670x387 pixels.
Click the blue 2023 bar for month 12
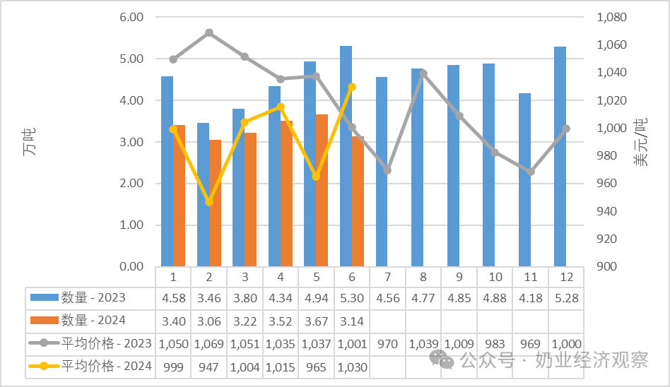[x=560, y=156]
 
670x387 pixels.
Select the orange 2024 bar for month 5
[x=322, y=191]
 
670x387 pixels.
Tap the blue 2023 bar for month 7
[x=382, y=172]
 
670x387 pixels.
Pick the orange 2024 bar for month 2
[x=215, y=203]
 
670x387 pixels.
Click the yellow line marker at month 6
[x=352, y=87]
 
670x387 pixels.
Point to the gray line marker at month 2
[x=209, y=33]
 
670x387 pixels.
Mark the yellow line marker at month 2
[x=209, y=201]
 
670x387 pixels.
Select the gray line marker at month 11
[x=530, y=172]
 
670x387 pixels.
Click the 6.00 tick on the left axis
[x=131, y=17]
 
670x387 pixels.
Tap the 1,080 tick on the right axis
[x=611, y=17]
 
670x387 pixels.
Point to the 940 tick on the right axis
[x=607, y=211]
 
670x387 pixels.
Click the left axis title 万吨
[x=29, y=141]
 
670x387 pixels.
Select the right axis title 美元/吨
[x=640, y=142]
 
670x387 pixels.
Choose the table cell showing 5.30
[x=352, y=298]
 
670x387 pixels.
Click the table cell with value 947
[x=209, y=367]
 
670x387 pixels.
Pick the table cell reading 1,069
[x=209, y=344]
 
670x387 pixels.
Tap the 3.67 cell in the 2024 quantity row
[x=316, y=321]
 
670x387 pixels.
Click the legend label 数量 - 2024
[x=93, y=321]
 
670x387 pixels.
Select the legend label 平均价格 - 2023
[x=107, y=343]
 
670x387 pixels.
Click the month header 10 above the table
[x=495, y=278]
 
